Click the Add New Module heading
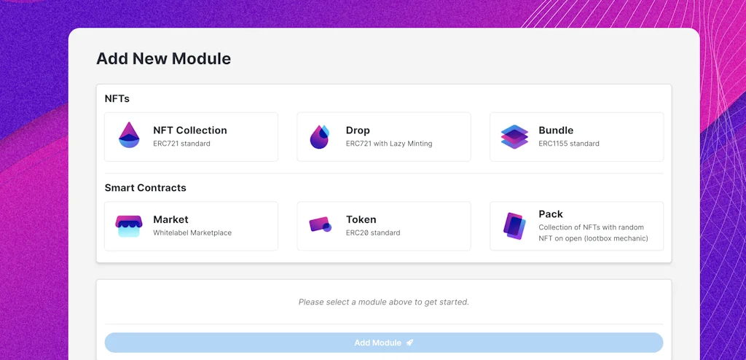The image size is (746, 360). click(163, 59)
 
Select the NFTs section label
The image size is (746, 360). click(117, 98)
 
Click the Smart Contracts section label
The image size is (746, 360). click(146, 188)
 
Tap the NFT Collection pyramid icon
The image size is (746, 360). click(129, 136)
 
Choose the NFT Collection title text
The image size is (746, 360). click(190, 130)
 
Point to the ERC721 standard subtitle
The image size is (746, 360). click(181, 144)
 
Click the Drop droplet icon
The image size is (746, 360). click(320, 136)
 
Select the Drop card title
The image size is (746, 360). click(358, 130)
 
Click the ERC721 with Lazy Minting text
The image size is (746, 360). click(389, 144)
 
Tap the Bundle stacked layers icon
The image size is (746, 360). click(514, 136)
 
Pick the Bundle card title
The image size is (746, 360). click(556, 130)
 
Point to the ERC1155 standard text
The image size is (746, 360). click(569, 144)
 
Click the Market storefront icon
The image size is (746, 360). click(129, 226)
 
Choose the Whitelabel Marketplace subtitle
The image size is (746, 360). click(192, 233)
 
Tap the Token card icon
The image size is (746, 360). click(320, 225)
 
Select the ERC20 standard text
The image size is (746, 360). click(373, 233)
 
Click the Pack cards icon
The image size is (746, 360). click(514, 226)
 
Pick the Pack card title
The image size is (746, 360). click(551, 214)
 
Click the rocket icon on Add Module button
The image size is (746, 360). click(410, 343)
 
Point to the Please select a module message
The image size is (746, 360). click(384, 302)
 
